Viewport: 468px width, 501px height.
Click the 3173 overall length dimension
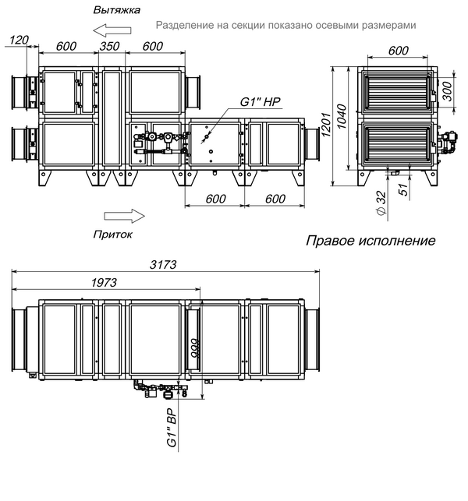tap(163, 265)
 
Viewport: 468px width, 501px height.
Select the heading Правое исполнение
tap(370, 241)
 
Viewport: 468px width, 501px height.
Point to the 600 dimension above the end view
tap(399, 51)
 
